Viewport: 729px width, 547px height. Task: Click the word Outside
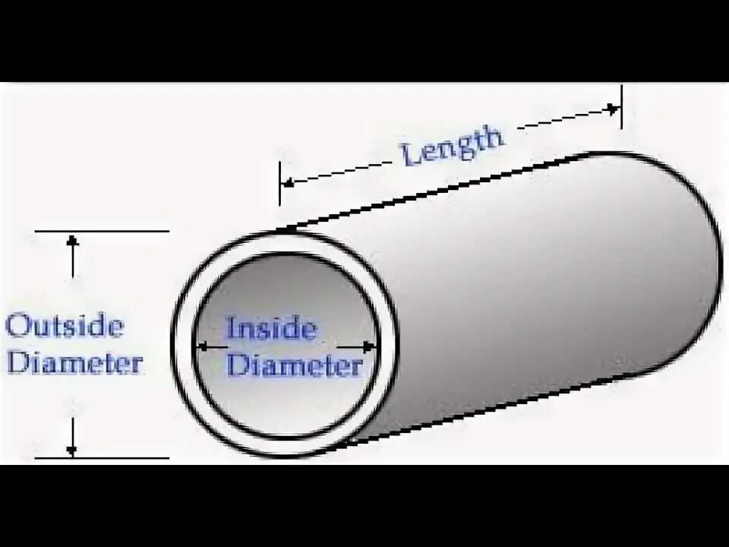(x=65, y=327)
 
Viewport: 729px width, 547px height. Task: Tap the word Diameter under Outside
(x=74, y=362)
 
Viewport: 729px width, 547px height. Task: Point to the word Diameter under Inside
(x=295, y=366)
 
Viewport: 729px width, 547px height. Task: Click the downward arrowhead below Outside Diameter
(x=73, y=449)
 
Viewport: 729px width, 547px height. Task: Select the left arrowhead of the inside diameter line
(x=202, y=346)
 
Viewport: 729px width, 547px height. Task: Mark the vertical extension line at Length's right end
(x=621, y=106)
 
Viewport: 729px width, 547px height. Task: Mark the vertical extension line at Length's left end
(x=279, y=182)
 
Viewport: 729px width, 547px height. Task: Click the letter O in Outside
(x=17, y=327)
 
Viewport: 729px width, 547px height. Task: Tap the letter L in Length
(x=409, y=157)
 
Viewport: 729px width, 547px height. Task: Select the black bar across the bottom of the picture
(x=364, y=506)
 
